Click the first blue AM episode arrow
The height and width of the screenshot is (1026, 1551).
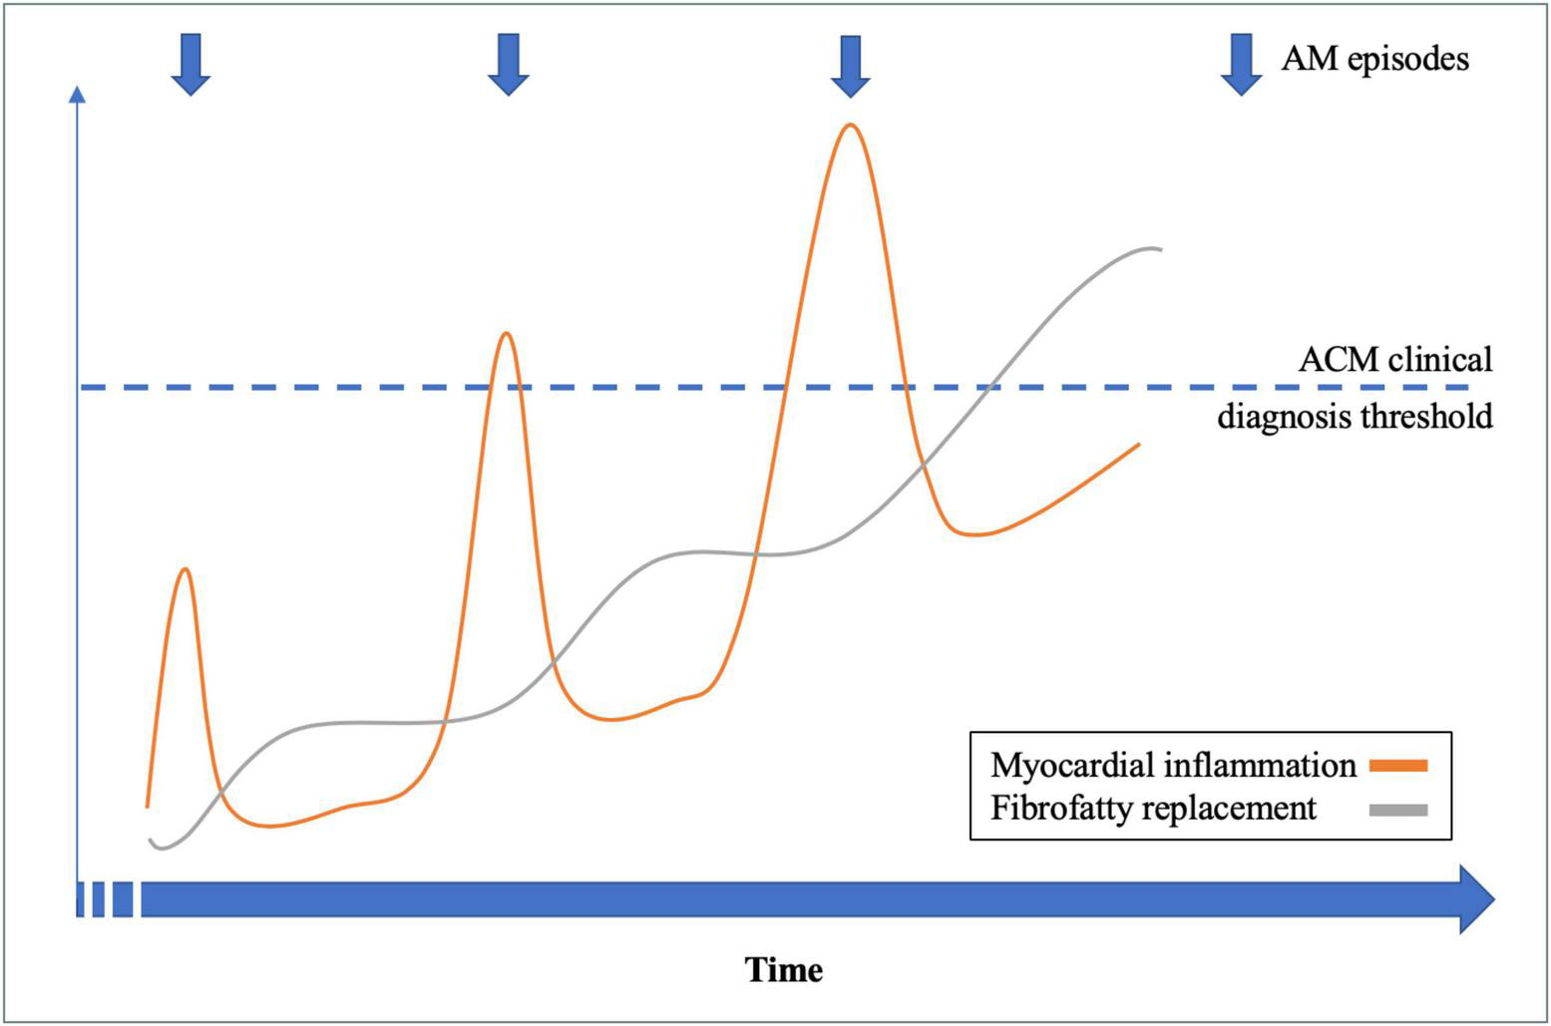click(191, 64)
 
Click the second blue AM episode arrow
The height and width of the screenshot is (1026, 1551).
click(508, 64)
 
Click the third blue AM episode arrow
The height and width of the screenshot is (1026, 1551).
click(850, 66)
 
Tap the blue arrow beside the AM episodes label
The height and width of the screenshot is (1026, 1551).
click(1241, 64)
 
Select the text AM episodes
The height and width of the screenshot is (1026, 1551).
click(1374, 59)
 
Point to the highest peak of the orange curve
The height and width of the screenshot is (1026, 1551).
click(850, 126)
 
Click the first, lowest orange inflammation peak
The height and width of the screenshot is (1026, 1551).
click(185, 569)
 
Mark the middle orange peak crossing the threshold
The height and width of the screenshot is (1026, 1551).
click(507, 333)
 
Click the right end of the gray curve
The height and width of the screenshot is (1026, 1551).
click(1159, 248)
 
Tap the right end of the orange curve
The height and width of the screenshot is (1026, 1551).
click(1138, 445)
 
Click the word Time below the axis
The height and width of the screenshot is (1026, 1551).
click(784, 969)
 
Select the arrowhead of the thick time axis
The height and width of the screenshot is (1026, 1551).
click(1476, 899)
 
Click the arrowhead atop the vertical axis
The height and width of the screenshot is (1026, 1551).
click(77, 94)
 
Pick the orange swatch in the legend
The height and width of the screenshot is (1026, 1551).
click(1398, 766)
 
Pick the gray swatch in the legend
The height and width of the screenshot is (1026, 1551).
click(1398, 810)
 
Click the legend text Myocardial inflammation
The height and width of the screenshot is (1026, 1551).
click(1173, 766)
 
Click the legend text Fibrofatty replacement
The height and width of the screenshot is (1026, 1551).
click(1153, 808)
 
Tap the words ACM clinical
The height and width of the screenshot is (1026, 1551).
click(1394, 359)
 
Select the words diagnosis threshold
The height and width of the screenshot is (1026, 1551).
click(1355, 416)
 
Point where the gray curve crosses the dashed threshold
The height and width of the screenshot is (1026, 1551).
click(985, 387)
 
